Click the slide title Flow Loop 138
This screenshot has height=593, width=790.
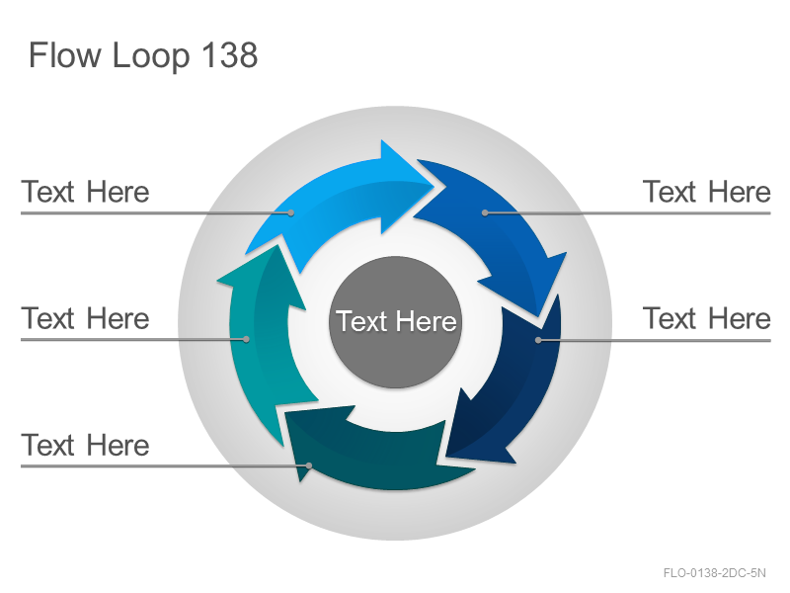[x=143, y=55]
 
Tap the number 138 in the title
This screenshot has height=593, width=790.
[x=230, y=54]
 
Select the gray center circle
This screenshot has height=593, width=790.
[x=396, y=322]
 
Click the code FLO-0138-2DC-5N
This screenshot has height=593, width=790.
[x=714, y=573]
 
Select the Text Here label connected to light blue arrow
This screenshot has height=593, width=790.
[x=85, y=192]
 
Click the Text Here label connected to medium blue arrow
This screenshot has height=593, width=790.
[x=706, y=192]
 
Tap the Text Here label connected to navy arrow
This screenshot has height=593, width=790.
[x=706, y=318]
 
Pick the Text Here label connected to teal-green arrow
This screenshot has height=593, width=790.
[x=85, y=318]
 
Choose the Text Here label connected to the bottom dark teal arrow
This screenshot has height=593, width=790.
[x=85, y=445]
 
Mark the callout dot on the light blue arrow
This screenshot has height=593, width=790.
[x=290, y=212]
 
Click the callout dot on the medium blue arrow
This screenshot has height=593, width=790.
[x=485, y=212]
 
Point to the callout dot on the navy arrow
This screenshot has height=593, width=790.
[x=538, y=340]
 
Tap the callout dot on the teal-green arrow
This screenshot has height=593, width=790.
[x=246, y=339]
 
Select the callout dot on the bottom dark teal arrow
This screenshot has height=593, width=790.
[x=309, y=466]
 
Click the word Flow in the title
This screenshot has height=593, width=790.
[x=64, y=54]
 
